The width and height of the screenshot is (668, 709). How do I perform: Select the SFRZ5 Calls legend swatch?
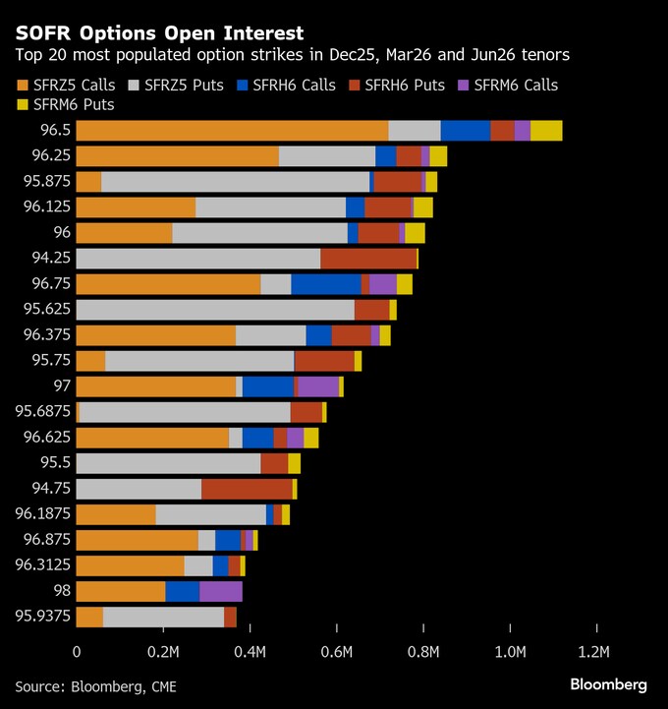coord(24,85)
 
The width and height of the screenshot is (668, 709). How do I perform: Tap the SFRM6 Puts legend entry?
coord(58,105)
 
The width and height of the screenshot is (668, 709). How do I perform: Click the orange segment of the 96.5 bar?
coord(232,131)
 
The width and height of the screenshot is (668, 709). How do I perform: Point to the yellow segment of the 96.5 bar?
coord(546,131)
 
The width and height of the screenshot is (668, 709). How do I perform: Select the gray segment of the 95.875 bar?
coord(235,182)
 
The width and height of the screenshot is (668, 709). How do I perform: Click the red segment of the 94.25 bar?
coord(368,259)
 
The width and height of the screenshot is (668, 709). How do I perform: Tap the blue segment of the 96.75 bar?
coord(326,284)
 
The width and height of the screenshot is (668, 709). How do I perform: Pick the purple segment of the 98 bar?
coord(221,591)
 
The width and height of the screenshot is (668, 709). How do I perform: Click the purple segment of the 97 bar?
coord(318,386)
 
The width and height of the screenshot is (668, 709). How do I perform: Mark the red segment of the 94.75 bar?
coord(247,489)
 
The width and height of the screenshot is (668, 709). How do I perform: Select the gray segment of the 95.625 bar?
coord(215,310)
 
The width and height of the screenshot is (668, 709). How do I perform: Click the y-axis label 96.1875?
coord(40,514)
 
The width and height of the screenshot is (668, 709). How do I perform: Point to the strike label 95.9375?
coord(40,617)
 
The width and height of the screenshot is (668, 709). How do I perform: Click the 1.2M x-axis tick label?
coord(595,651)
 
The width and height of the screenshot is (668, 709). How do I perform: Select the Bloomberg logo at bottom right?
coord(608,684)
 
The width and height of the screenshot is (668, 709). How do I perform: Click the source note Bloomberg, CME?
coord(96,685)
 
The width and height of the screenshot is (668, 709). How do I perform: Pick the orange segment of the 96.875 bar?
coord(137,540)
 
